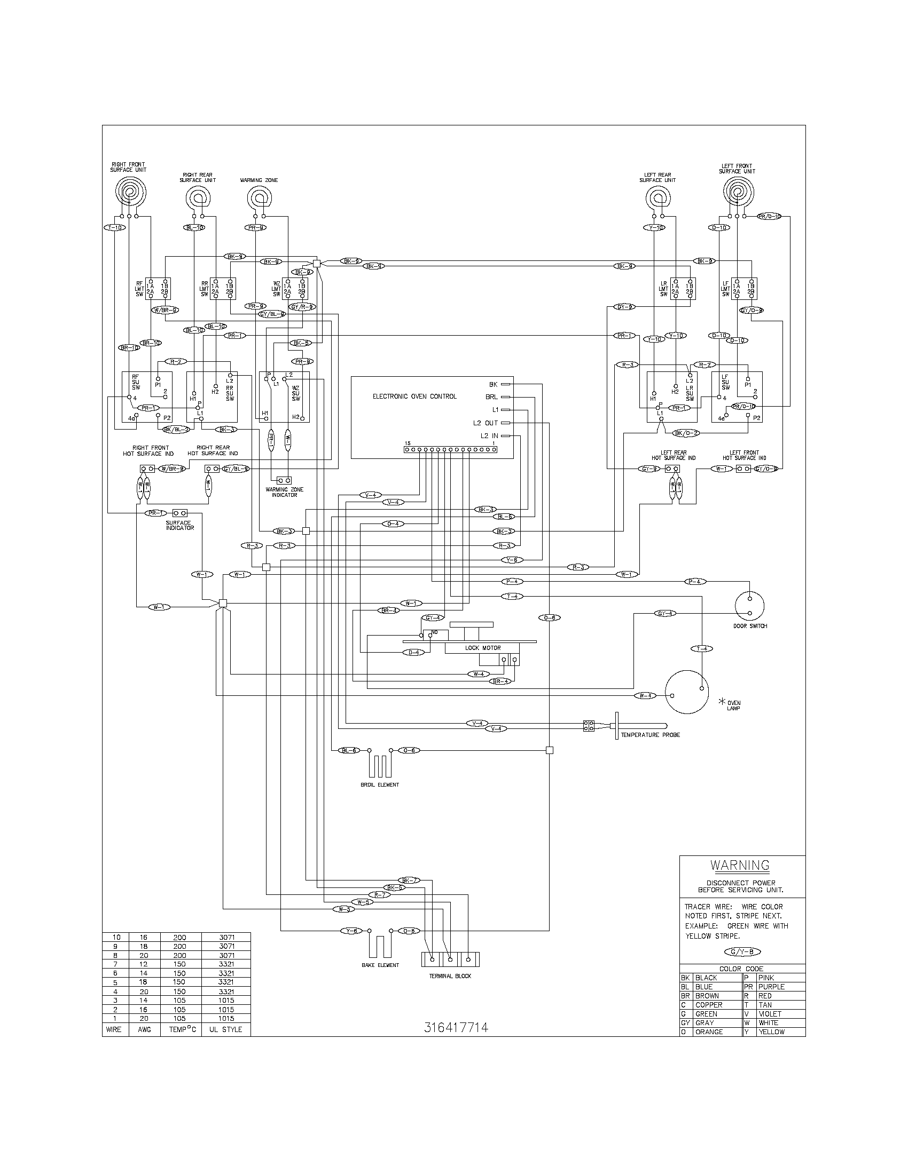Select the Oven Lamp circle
point(687,692)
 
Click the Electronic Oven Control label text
point(414,396)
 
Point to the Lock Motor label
point(482,648)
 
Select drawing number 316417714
point(456,1027)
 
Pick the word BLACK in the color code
point(706,978)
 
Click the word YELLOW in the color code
point(771,1032)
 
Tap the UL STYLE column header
point(225,1029)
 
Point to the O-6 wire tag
point(549,617)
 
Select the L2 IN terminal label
point(486,435)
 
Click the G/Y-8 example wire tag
point(742,951)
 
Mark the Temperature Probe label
point(650,735)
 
